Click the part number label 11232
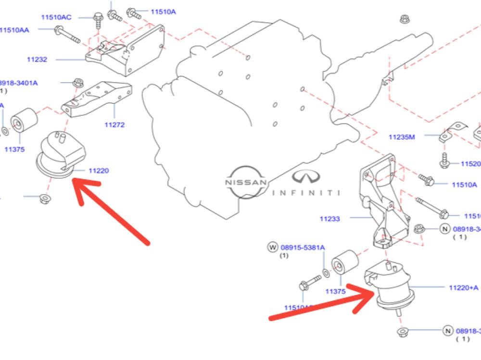37,60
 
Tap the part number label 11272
114,125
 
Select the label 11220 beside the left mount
98,171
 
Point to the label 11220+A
463,287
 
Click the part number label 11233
329,219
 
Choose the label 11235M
402,137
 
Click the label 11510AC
56,17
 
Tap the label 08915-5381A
303,248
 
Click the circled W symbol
272,248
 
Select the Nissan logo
246,183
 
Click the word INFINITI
306,193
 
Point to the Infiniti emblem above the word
306,177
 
